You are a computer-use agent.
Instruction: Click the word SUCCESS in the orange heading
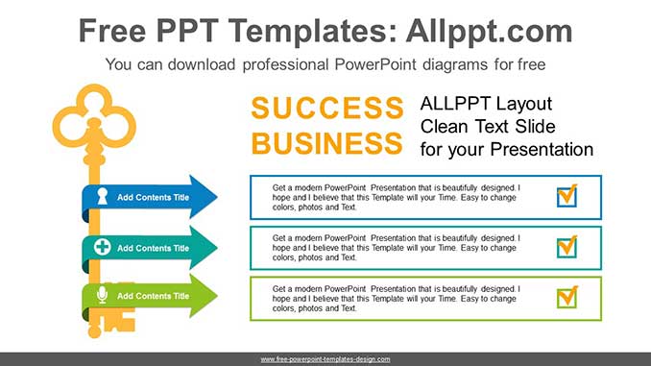coord(327,108)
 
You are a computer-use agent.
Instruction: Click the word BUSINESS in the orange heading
coord(327,143)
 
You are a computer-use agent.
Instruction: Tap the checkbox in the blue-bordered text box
coord(567,195)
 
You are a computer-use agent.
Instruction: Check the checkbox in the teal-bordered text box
coord(567,247)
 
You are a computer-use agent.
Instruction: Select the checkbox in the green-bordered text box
coord(567,298)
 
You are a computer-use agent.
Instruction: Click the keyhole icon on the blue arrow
coord(102,196)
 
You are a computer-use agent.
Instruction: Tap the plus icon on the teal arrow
coord(102,247)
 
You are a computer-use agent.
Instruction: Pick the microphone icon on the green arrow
coord(102,295)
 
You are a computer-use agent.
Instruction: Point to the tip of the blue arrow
coord(217,197)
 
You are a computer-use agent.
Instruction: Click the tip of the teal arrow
coord(217,248)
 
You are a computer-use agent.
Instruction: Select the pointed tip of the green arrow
coord(217,296)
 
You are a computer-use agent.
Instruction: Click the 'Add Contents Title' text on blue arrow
coord(154,197)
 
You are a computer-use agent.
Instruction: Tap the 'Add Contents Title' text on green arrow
coord(154,296)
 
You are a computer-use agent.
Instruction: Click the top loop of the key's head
coord(94,88)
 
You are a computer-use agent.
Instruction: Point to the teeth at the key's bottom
coord(120,321)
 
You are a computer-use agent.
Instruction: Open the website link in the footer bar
coord(325,359)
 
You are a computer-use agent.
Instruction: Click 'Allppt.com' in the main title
coord(489,32)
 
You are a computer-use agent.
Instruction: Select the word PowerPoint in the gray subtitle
coord(375,64)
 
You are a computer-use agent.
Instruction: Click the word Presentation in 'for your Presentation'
coord(542,149)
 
